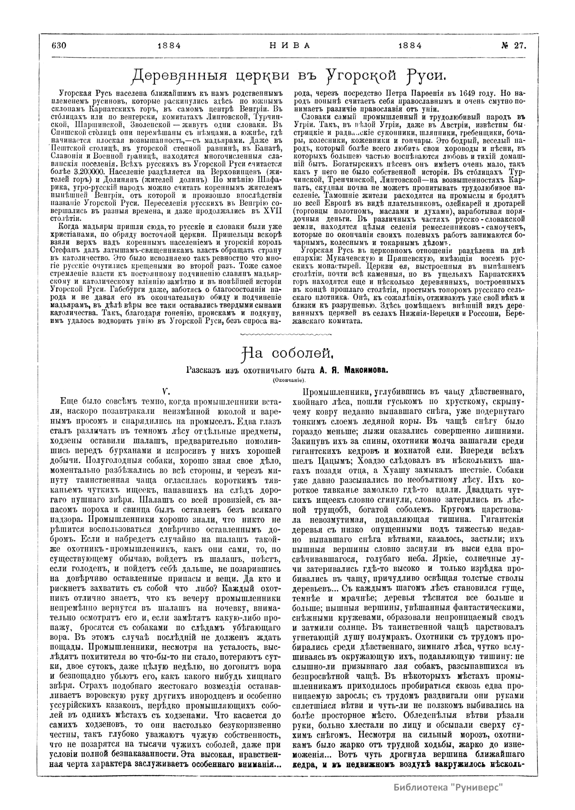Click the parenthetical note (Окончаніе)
289,380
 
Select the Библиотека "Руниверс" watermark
448,786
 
